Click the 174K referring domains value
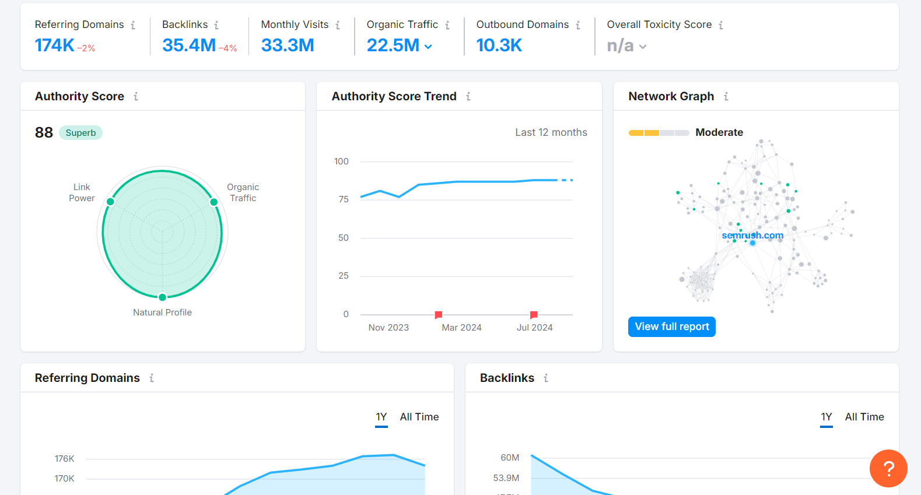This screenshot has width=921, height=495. pyautogui.click(x=54, y=45)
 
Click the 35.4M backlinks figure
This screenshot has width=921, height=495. pyautogui.click(x=189, y=45)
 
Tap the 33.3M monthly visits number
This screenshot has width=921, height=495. pyautogui.click(x=288, y=45)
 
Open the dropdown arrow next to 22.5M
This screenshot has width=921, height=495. pyautogui.click(x=429, y=47)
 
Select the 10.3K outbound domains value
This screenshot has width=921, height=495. pyautogui.click(x=499, y=45)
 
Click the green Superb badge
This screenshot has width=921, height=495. pyautogui.click(x=80, y=133)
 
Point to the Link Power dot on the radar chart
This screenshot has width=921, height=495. pyautogui.click(x=110, y=202)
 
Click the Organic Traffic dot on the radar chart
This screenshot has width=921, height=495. pyautogui.click(x=214, y=202)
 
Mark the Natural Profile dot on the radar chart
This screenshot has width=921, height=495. pyautogui.click(x=163, y=297)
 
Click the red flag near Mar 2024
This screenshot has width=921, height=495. pyautogui.click(x=438, y=315)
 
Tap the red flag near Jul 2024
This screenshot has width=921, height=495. pyautogui.click(x=533, y=315)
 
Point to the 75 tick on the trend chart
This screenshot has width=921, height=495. pyautogui.click(x=344, y=199)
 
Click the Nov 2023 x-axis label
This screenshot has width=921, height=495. pyautogui.click(x=388, y=328)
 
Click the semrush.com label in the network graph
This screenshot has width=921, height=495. pyautogui.click(x=752, y=236)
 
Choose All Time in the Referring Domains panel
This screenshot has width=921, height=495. pyautogui.click(x=419, y=417)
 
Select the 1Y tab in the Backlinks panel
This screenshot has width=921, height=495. pyautogui.click(x=826, y=417)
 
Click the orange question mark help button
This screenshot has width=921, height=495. pyautogui.click(x=888, y=468)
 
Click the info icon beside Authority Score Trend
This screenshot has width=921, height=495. pyautogui.click(x=468, y=97)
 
